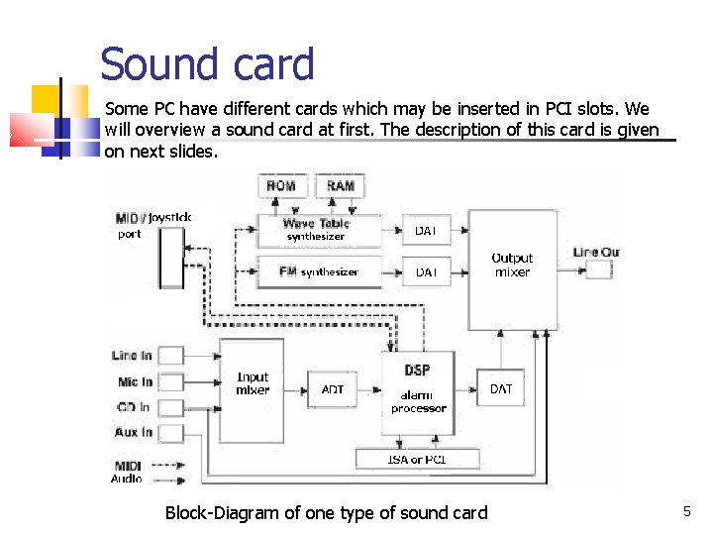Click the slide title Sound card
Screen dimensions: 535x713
point(207,64)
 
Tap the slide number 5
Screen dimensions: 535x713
point(686,511)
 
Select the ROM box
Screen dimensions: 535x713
point(282,186)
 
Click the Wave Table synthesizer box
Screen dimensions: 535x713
point(316,230)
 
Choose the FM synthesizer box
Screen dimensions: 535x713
point(318,270)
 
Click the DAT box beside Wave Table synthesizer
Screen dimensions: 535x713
point(426,230)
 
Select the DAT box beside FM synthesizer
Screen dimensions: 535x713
point(426,270)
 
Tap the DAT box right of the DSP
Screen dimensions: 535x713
point(501,389)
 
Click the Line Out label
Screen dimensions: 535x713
point(595,252)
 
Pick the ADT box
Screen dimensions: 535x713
point(333,389)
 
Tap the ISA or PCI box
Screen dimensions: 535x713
point(417,459)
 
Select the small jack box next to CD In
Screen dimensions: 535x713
point(171,407)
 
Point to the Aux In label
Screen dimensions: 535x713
point(133,432)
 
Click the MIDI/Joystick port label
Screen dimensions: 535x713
point(152,225)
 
